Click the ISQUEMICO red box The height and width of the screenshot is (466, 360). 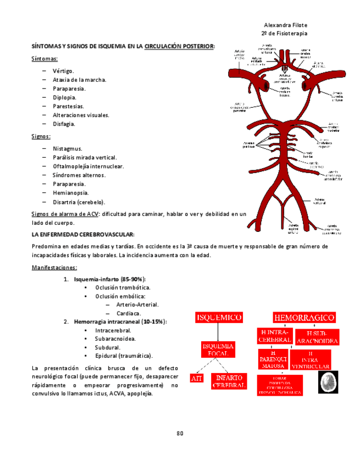coord(219,318)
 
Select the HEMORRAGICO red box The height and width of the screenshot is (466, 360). coord(304,318)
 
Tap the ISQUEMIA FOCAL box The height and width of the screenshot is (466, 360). coord(218,349)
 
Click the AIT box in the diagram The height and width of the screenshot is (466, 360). coord(196,378)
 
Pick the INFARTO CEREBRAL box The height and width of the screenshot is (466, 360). coord(229,381)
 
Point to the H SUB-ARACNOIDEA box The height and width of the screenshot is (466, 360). coord(317,337)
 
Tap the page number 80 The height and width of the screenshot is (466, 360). coord(180,433)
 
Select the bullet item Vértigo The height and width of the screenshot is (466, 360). coord(63,71)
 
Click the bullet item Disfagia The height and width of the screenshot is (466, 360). coord(64,124)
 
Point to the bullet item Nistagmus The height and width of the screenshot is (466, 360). coord(68,148)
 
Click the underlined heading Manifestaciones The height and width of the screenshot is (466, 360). coord(54,268)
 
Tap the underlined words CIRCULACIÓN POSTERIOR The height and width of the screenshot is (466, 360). coord(179,47)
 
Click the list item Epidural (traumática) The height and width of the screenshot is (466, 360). coord(124,356)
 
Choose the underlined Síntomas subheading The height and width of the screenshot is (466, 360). coord(45,58)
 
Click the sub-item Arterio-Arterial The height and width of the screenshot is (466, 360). coord(137,304)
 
